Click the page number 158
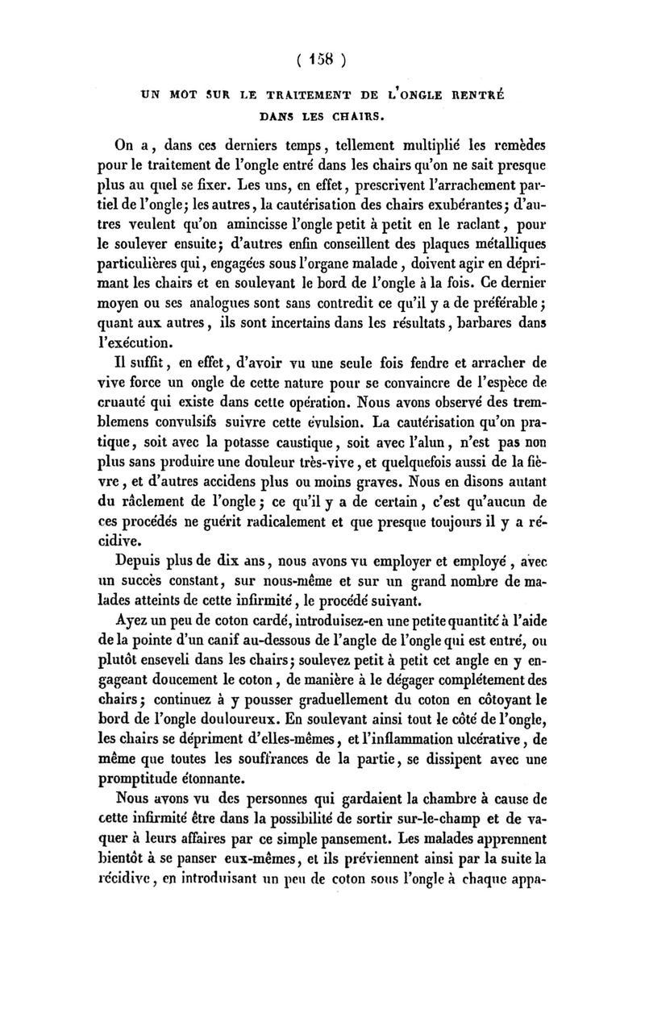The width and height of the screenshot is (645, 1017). click(x=322, y=58)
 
